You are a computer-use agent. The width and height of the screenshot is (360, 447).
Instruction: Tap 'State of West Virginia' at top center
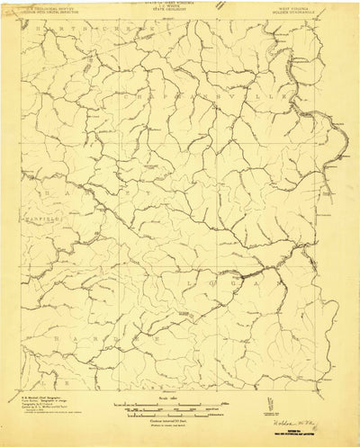click(179, 3)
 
